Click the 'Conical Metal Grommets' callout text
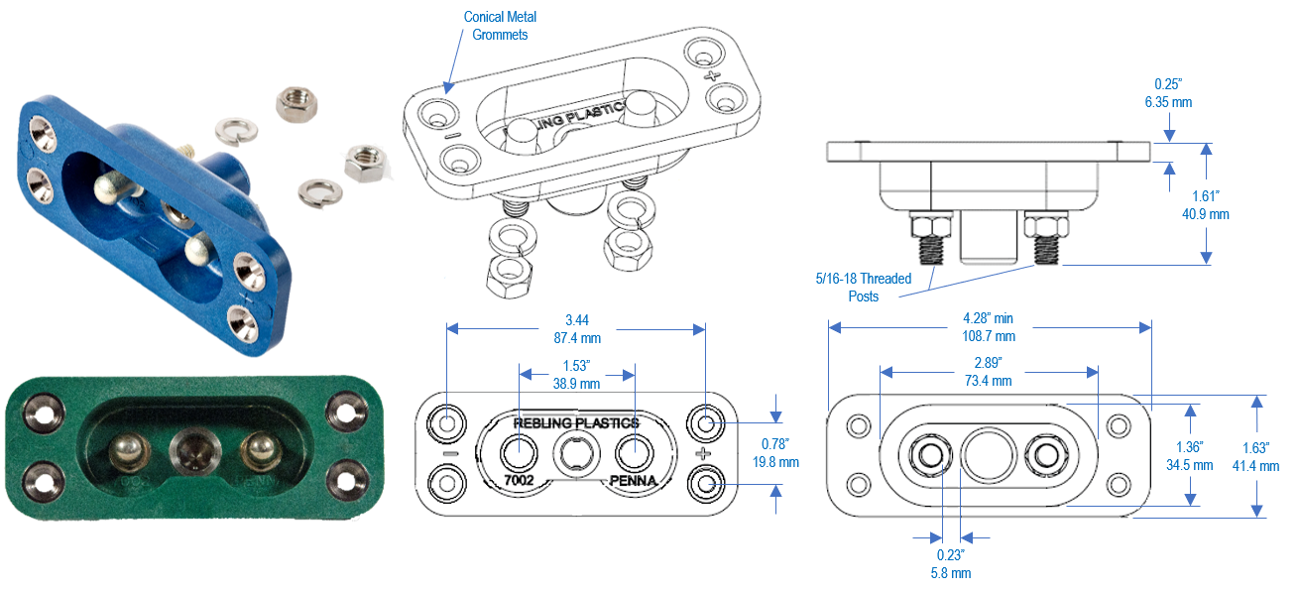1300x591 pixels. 501,26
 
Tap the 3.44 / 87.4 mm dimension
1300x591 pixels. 575,329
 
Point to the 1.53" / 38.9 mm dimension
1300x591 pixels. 575,374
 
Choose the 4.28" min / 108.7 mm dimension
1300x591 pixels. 990,327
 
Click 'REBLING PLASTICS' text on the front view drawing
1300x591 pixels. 575,422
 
